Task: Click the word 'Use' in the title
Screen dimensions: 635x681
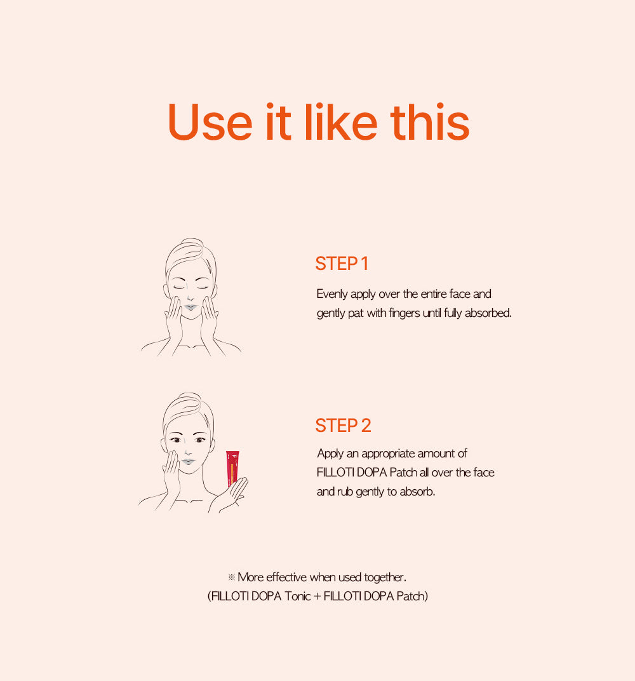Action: tap(210, 122)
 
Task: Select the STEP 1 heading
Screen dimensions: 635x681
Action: tap(342, 264)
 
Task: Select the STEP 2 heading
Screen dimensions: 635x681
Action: tap(343, 426)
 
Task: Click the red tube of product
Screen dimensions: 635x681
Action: tap(232, 468)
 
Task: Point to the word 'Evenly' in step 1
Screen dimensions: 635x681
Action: tap(332, 295)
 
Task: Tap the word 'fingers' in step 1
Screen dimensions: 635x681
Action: tap(404, 314)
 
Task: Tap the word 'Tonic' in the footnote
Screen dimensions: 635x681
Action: tap(297, 596)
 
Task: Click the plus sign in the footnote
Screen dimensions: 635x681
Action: tap(317, 597)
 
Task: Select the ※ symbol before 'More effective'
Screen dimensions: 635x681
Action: tap(231, 577)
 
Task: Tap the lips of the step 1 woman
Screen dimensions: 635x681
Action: tap(190, 307)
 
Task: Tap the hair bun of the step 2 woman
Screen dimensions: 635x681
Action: tap(190, 398)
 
